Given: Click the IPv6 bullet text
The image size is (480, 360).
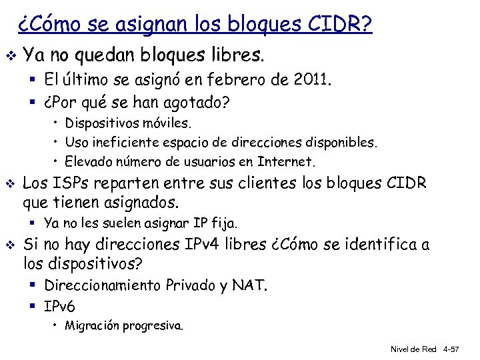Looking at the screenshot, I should [x=60, y=306].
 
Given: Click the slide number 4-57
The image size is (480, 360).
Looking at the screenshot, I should [x=457, y=349].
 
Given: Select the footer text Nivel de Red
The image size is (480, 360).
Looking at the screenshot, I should [x=413, y=349].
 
